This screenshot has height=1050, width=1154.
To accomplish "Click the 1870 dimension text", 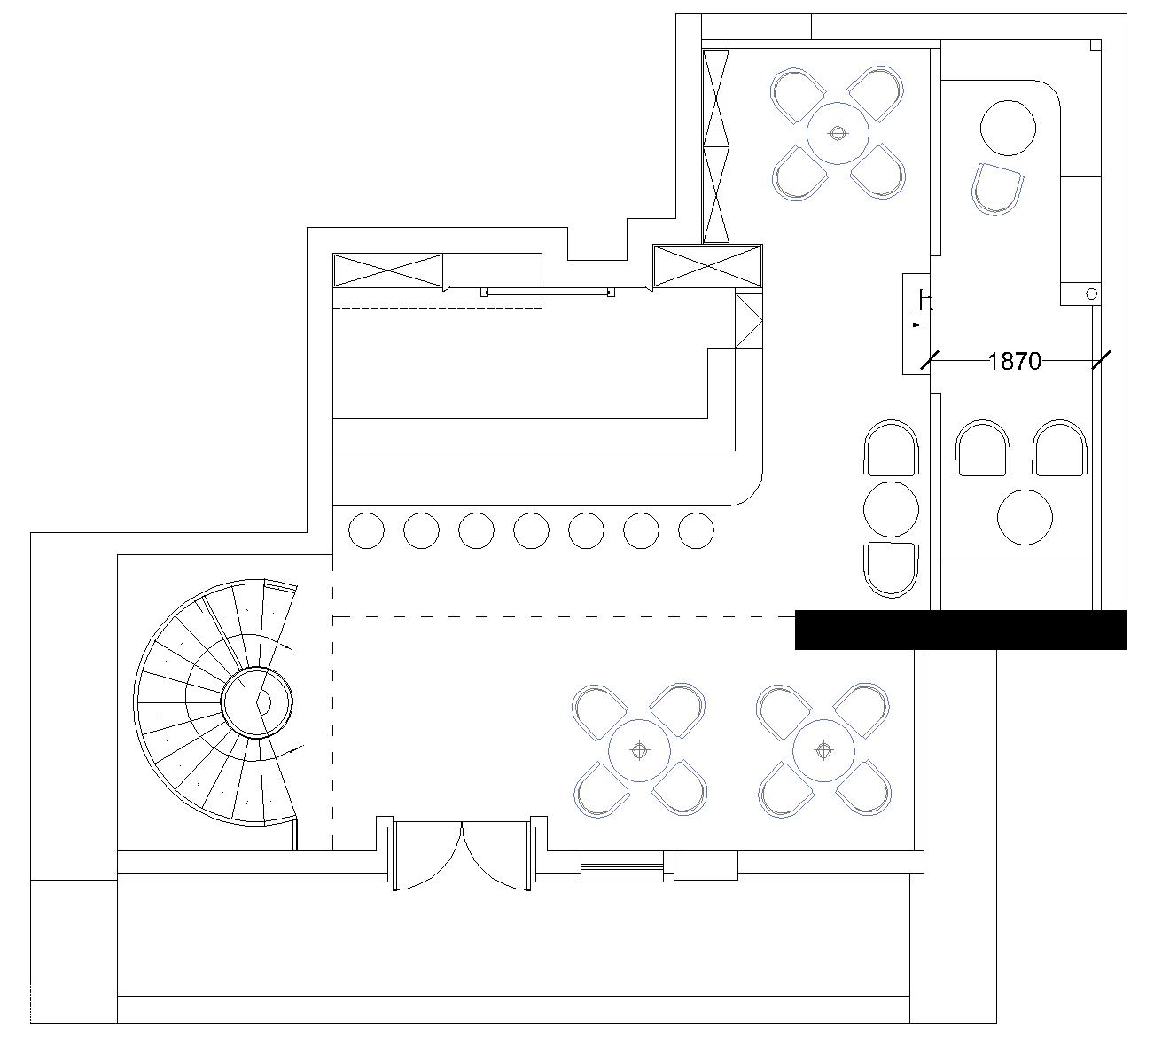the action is [x=1015, y=362].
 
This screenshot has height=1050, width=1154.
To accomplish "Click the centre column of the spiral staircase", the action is [x=257, y=702].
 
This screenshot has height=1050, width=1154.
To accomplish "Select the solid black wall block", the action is [x=961, y=631].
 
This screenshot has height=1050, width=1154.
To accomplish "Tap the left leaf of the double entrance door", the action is [x=427, y=856].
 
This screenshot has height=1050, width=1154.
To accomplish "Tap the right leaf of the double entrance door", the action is [x=497, y=856].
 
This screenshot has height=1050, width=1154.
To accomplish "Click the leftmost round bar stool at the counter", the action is [x=366, y=530].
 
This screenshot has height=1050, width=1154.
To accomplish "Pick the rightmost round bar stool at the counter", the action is [x=696, y=530].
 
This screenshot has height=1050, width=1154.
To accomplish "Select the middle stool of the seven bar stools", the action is [x=531, y=530].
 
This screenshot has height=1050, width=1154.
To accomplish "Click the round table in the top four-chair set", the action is [x=838, y=134].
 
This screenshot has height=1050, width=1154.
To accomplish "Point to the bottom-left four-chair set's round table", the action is [x=639, y=750].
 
